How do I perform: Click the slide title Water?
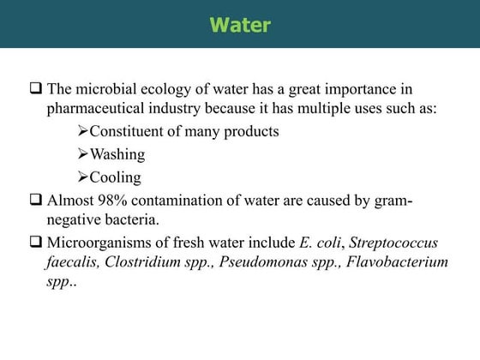(x=240, y=25)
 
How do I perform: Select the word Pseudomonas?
(x=261, y=263)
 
